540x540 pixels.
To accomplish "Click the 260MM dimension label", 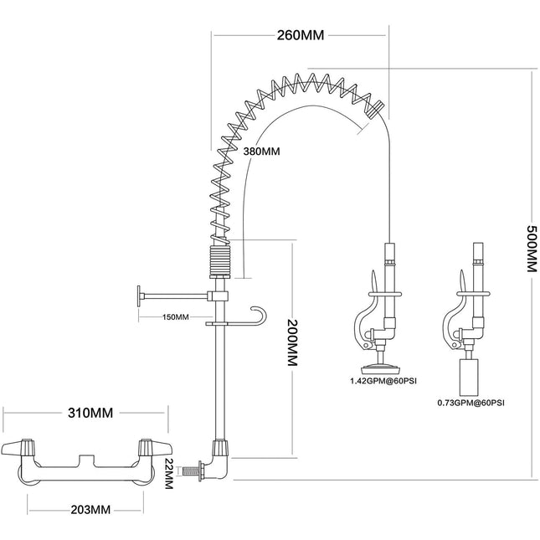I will [x=300, y=35].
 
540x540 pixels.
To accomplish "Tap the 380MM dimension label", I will [x=261, y=152].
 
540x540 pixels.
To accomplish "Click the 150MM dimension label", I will [x=176, y=317].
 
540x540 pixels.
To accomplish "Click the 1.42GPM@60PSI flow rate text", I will [x=384, y=382].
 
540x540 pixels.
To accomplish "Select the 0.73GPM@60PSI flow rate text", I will [x=471, y=402].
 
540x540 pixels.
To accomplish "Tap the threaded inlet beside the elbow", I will [x=196, y=473].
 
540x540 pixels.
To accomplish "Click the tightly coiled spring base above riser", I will [x=219, y=258].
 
